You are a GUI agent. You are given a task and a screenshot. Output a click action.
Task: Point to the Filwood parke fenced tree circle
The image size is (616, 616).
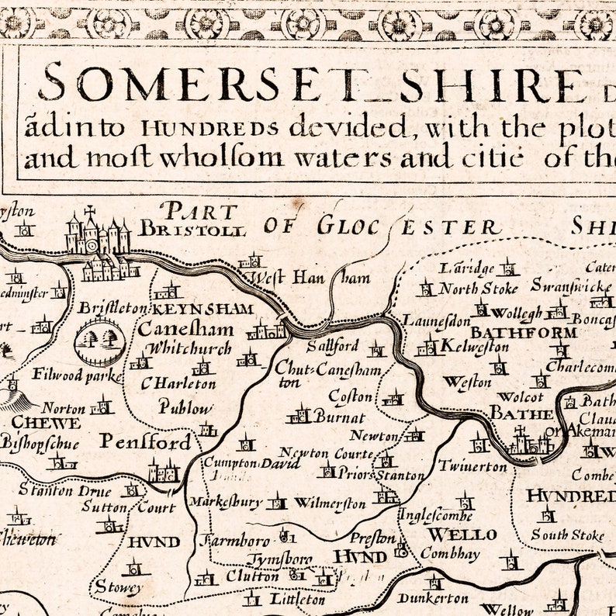100,340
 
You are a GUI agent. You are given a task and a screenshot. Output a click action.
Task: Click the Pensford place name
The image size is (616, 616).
145,442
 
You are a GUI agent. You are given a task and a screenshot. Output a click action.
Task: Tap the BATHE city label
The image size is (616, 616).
521,414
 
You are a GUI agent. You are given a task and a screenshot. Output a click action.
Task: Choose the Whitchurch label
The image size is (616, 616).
189,348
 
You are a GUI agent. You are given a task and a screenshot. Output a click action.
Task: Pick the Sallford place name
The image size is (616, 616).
332,346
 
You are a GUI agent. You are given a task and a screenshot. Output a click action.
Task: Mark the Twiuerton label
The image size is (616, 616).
472,466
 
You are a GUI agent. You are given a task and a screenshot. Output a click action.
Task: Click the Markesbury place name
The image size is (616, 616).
226,502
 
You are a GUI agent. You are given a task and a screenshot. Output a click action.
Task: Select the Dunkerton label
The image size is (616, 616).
433,598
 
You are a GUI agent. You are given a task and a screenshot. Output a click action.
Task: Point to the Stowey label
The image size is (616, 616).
118,587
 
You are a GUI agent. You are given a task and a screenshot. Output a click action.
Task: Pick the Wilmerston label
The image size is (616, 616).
330,504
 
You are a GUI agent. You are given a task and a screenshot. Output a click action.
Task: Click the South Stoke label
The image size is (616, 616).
567,535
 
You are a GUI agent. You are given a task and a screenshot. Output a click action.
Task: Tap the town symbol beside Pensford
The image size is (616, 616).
164,470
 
